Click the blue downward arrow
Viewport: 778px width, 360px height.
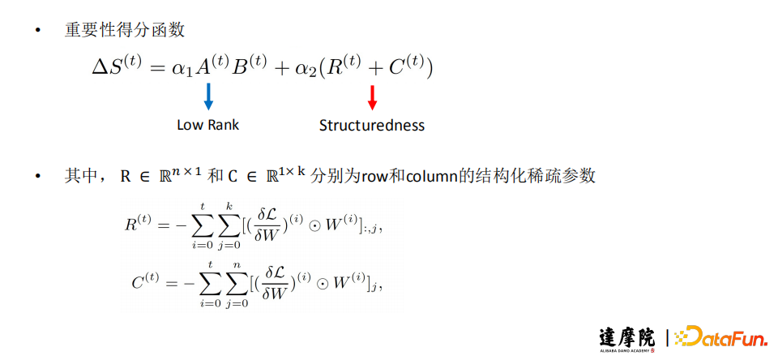coord(209,96)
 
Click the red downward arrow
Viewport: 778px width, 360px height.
coord(372,97)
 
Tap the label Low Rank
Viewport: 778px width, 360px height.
coord(208,125)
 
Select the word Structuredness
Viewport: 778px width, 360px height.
coord(372,125)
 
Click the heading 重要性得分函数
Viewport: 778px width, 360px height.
coord(125,31)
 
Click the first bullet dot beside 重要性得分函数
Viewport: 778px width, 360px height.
coord(36,31)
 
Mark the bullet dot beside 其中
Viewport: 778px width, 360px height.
coord(36,176)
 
